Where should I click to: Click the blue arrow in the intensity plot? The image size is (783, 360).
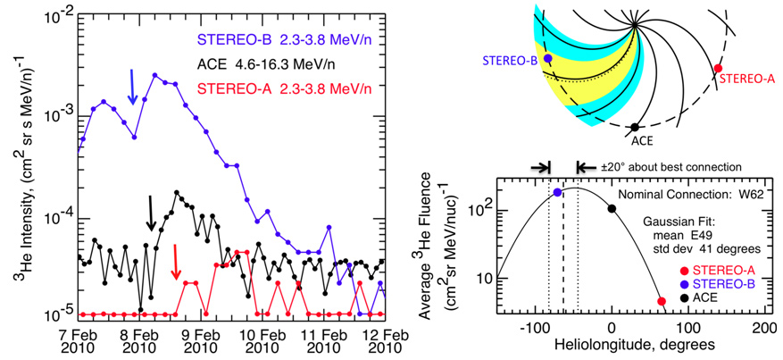click(x=132, y=87)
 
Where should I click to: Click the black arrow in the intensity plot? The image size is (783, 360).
click(x=151, y=211)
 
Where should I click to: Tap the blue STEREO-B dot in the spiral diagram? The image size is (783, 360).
click(x=547, y=58)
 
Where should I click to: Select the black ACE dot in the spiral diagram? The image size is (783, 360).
click(x=634, y=128)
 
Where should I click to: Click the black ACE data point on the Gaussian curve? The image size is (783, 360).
click(x=612, y=209)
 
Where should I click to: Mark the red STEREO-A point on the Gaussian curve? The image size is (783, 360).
click(x=661, y=301)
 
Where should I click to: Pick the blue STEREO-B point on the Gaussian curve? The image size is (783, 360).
click(x=557, y=192)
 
